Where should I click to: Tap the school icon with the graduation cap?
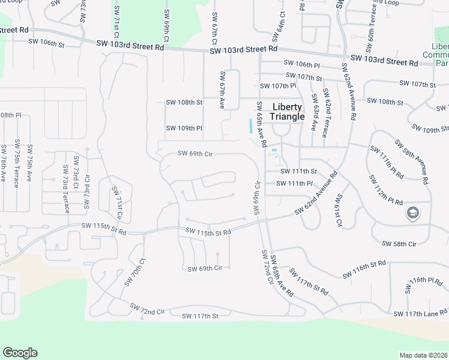tap(413, 213)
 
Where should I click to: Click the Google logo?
tap(20, 353)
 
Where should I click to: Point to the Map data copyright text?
tap(423, 355)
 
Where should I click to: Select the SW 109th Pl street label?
tap(184, 128)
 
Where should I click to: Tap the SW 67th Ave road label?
tap(222, 90)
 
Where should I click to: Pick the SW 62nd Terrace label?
tap(325, 113)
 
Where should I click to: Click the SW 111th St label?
tap(298, 172)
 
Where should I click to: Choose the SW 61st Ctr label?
tap(339, 211)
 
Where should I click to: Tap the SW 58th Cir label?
tap(399, 244)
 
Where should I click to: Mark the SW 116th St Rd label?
tap(364, 270)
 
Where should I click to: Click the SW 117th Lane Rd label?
tap(420, 313)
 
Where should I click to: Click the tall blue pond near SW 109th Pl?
tap(250, 127)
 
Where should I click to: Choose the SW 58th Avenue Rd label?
tap(411, 161)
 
